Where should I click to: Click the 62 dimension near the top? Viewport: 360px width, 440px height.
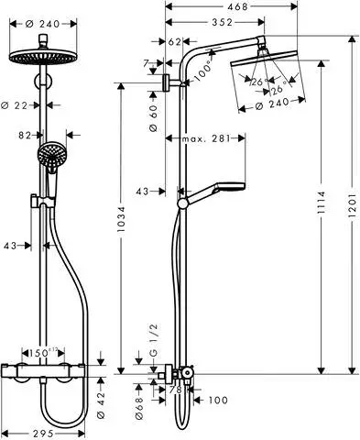coord(175,41)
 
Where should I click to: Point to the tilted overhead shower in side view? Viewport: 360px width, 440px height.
coord(266,64)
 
